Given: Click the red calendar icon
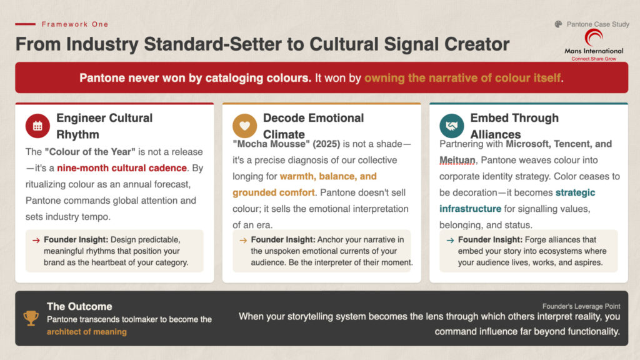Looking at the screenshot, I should (37, 126).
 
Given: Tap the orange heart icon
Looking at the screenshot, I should (244, 126).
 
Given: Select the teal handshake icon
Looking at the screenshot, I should (451, 126).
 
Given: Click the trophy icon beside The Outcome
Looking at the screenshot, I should (31, 318).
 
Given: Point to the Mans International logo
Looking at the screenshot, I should (594, 43).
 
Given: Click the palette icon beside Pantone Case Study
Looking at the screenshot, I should (558, 24).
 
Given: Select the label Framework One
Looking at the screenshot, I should (75, 24).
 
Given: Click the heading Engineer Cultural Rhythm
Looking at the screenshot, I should (104, 126).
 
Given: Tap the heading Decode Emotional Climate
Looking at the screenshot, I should (313, 126).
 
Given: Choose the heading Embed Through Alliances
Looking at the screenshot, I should (514, 126).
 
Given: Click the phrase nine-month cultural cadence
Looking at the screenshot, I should (122, 168).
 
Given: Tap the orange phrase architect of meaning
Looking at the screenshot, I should (86, 332).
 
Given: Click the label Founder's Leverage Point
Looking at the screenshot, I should (581, 306).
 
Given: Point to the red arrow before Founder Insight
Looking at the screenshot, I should (36, 240).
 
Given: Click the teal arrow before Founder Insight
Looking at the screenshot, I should (450, 240).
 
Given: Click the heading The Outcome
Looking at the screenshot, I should (79, 306).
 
